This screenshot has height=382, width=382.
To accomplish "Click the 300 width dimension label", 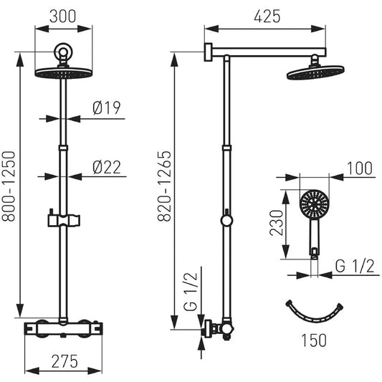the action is (x=63, y=16).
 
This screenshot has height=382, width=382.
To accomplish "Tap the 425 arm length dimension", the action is (x=267, y=16).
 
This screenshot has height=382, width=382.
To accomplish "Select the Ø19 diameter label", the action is (x=107, y=108).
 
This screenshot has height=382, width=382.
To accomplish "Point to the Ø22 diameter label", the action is (x=107, y=168).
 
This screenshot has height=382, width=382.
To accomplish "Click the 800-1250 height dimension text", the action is (x=9, y=186).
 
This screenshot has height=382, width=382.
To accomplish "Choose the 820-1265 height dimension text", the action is (x=164, y=186).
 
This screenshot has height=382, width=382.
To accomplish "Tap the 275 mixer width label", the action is (x=65, y=361).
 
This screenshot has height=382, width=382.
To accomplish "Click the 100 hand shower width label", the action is (x=360, y=168).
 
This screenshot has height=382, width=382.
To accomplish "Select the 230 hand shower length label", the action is (x=277, y=223).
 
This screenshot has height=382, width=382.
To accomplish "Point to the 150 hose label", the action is (x=314, y=340).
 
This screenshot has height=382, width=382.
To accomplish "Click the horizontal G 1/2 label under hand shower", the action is (x=355, y=266).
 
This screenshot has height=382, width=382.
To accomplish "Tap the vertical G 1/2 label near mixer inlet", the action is (x=191, y=292).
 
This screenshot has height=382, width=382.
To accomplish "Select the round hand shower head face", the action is (x=315, y=204).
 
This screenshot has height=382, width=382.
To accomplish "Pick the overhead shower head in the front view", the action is (x=64, y=73).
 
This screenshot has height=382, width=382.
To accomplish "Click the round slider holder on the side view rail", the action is (x=226, y=220).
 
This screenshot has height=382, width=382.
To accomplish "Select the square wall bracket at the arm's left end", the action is (x=208, y=52).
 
